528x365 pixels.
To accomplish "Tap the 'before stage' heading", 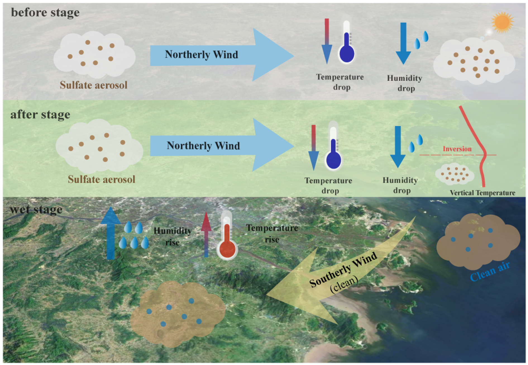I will (45, 13).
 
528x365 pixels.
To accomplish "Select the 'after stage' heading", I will (40, 115).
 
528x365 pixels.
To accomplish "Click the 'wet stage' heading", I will (36, 210).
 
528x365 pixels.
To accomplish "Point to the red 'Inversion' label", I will (457, 149).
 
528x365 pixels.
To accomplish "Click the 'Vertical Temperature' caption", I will (482, 193).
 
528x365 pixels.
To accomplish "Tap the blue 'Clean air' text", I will (490, 271).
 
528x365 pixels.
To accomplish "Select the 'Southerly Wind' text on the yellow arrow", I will (343, 270).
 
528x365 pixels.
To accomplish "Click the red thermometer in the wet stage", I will (227, 236).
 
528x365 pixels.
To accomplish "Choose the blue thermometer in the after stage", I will (333, 146).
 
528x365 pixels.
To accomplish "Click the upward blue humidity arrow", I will (111, 233).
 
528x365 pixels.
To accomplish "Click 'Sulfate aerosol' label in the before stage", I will (94, 85).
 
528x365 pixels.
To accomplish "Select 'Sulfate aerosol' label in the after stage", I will (101, 179).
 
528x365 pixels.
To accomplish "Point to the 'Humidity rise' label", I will (173, 236).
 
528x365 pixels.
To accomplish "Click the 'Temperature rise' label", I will (272, 234).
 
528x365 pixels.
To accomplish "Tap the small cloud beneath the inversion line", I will (455, 174).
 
